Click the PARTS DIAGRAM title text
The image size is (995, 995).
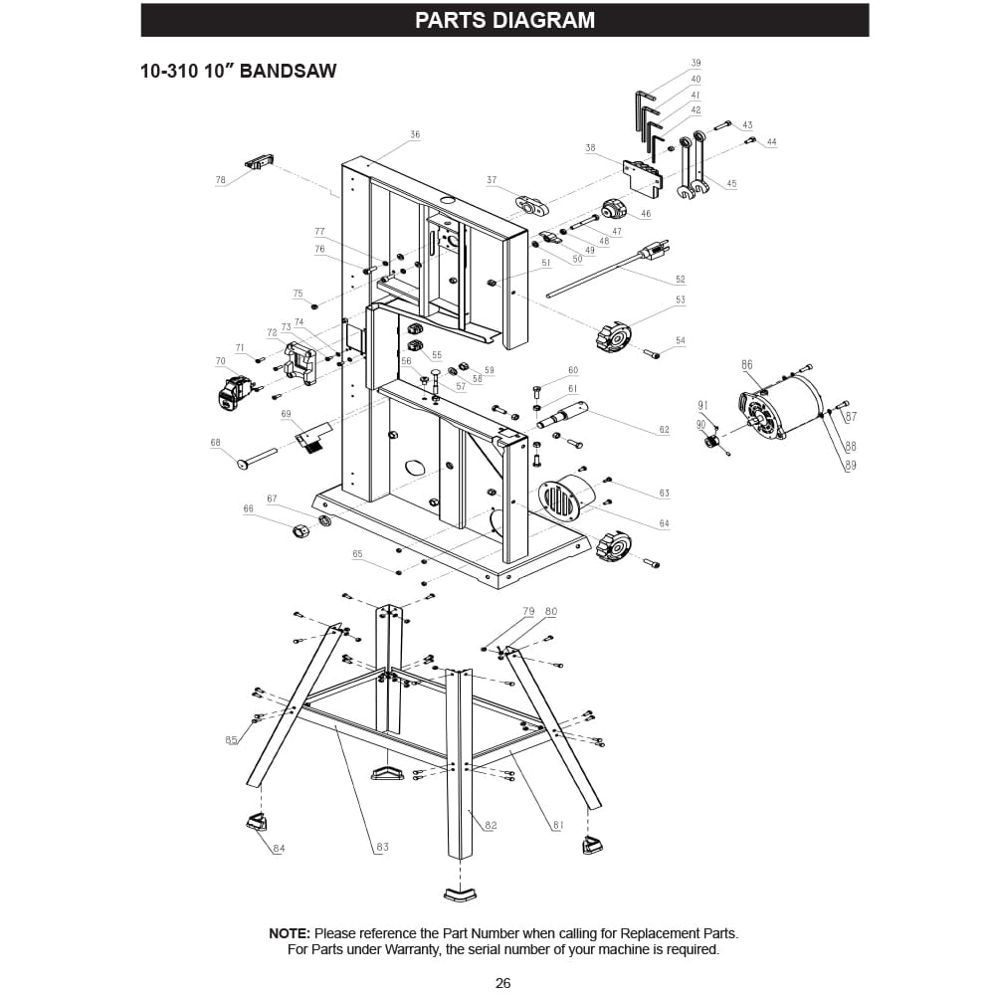[504, 20]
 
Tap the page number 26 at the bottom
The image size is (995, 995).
[502, 983]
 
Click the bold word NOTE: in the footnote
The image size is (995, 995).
[291, 933]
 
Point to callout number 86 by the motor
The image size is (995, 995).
[747, 365]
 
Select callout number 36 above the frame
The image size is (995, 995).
[415, 134]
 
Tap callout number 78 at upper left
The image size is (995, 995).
[221, 180]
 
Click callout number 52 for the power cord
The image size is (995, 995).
[681, 280]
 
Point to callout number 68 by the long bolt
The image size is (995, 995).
[215, 443]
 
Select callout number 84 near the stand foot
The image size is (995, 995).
[279, 848]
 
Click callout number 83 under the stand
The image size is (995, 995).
[382, 847]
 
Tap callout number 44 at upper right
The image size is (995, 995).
[771, 142]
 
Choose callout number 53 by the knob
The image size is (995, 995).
[681, 299]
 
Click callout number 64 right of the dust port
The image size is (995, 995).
[664, 523]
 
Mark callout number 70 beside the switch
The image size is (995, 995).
[221, 360]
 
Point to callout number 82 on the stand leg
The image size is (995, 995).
[491, 825]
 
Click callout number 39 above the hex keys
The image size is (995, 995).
[696, 63]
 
